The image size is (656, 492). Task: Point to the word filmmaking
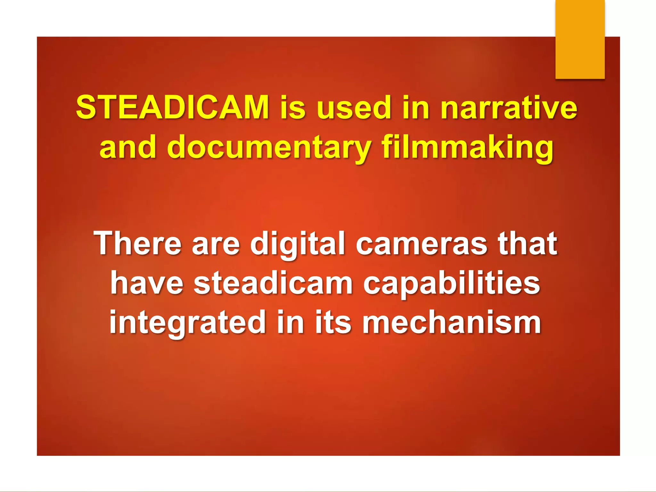[467, 147]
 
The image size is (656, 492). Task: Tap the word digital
[298, 244]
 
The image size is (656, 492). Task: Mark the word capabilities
[452, 284]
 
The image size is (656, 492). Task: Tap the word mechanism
[452, 322]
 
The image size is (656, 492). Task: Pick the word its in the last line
[333, 322]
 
